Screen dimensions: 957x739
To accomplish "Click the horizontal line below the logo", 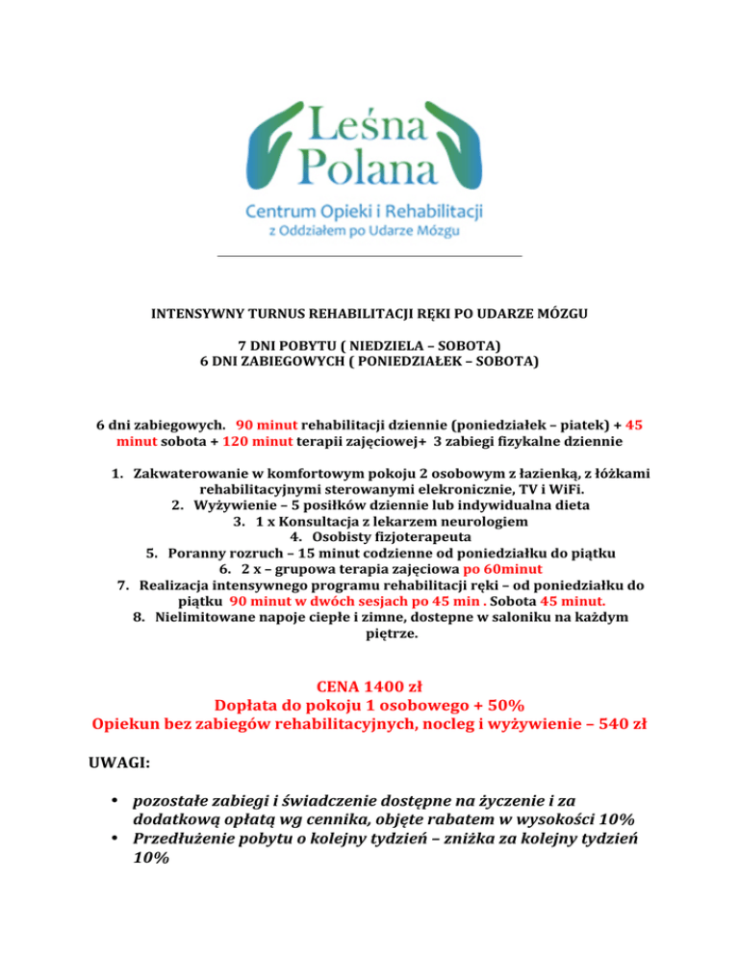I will coord(369,256).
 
